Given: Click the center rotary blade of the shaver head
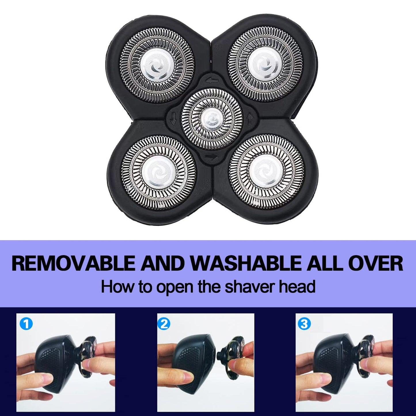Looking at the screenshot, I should [212, 119].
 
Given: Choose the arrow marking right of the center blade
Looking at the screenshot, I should [250, 118].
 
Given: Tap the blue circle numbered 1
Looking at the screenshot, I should [26, 324].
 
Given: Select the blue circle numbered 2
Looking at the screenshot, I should [164, 324].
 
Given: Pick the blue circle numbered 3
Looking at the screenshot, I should [304, 324].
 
